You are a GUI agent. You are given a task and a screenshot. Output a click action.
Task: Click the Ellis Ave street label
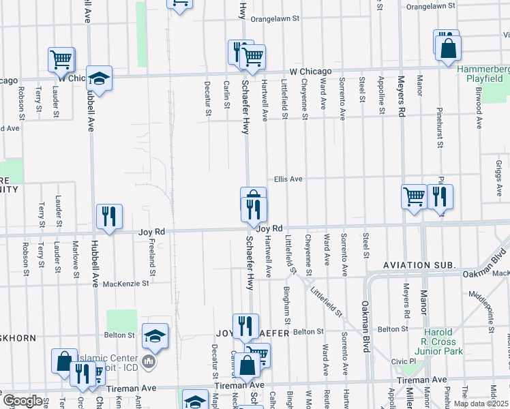[x=288, y=179]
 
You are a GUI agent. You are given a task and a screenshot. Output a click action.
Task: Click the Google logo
[x=22, y=401]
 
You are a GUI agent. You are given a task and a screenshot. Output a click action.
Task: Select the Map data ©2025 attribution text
[x=481, y=404]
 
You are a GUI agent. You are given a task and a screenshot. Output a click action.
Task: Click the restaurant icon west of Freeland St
[x=109, y=216]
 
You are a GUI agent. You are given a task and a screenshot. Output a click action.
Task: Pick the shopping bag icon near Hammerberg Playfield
[x=448, y=48]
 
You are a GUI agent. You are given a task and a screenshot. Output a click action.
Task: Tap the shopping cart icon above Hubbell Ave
[x=61, y=59]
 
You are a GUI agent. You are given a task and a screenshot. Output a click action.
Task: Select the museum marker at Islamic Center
[x=149, y=360]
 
